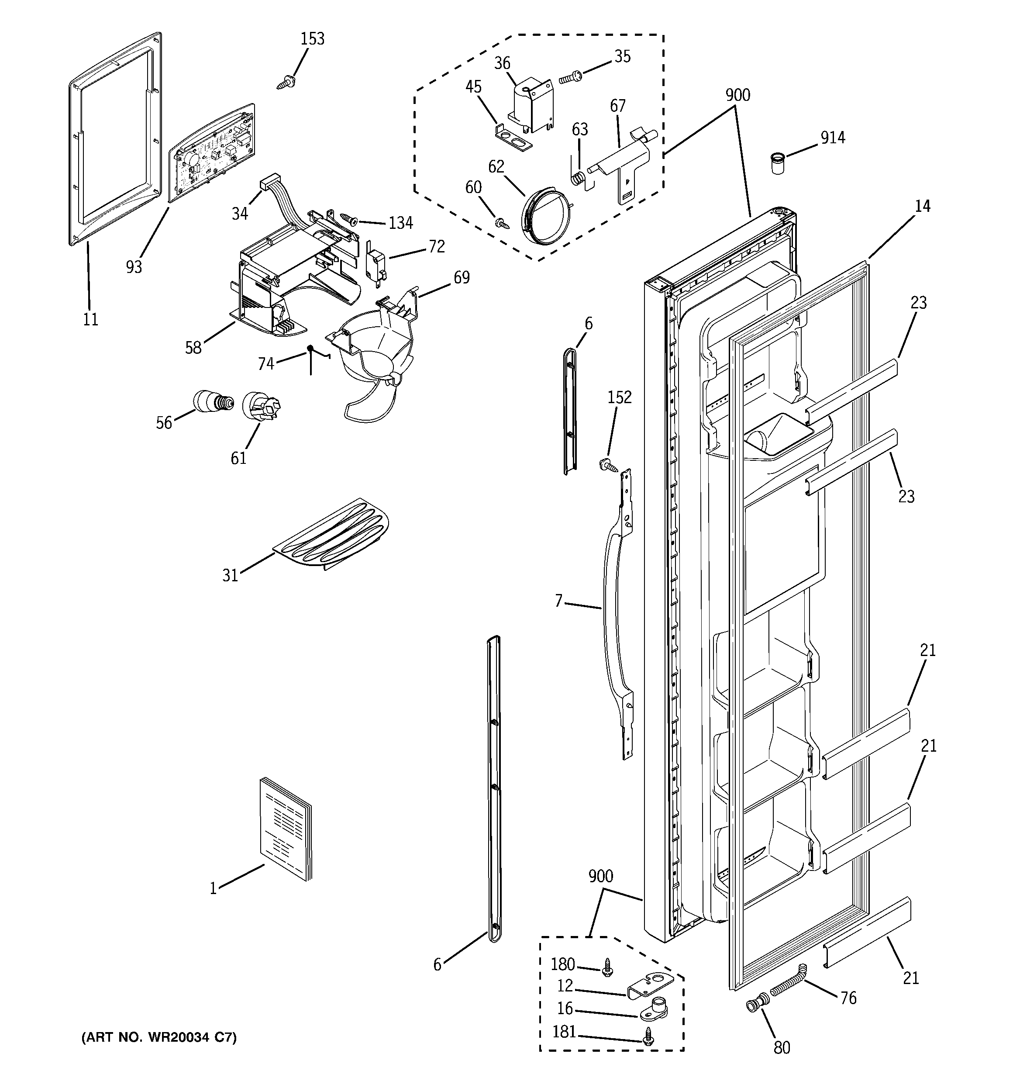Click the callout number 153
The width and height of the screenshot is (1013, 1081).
pyautogui.click(x=312, y=39)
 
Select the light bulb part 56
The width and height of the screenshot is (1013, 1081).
pyautogui.click(x=213, y=402)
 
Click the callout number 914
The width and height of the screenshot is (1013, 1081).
pyautogui.click(x=833, y=138)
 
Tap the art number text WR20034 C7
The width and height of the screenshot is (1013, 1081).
pyautogui.click(x=159, y=1037)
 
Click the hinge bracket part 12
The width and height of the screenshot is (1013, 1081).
pyautogui.click(x=652, y=986)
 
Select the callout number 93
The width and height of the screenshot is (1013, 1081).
pyautogui.click(x=134, y=266)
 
